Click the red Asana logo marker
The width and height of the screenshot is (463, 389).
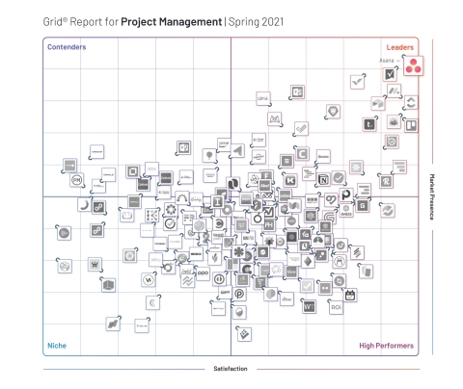point(411,67)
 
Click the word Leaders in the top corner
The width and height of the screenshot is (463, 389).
point(400,46)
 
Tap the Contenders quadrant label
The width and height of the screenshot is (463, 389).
point(67,46)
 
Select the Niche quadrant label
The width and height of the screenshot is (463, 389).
point(57,345)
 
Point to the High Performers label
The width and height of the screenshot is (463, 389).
point(387,345)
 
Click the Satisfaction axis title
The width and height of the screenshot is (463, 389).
point(231,369)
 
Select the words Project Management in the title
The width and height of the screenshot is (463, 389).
point(171,18)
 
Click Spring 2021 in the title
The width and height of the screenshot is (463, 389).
point(256,18)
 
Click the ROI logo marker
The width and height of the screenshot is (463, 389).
point(336,308)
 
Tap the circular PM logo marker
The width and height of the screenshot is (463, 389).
point(76,178)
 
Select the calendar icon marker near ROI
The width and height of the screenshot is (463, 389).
point(351,295)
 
